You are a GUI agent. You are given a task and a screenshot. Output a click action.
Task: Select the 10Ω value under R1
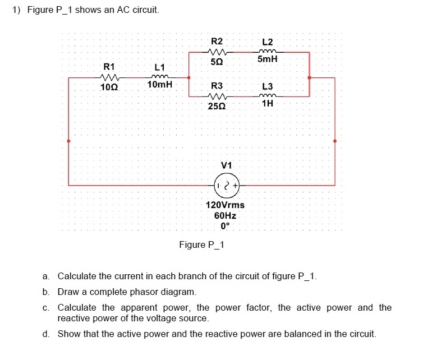(x=109, y=87)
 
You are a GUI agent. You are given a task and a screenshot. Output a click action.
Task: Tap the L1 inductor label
(x=159, y=68)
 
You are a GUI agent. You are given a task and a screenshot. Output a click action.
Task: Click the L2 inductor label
(x=268, y=42)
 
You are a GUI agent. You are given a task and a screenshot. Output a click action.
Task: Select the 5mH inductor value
(x=268, y=59)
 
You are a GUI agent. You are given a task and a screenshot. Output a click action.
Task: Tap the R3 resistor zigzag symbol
(x=216, y=96)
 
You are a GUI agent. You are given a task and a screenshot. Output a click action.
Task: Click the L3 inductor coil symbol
(x=268, y=96)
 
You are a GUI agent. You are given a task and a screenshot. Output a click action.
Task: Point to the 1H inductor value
(x=268, y=104)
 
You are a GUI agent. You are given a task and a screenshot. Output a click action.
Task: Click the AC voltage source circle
(x=227, y=184)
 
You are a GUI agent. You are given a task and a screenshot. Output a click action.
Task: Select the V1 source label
(x=227, y=165)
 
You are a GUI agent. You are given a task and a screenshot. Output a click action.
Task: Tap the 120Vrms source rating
(x=226, y=205)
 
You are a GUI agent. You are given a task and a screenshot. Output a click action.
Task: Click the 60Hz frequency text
(x=226, y=216)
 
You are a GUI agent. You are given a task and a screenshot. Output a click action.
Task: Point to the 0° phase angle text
(x=226, y=227)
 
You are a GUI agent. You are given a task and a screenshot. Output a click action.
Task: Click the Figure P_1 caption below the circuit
(x=201, y=245)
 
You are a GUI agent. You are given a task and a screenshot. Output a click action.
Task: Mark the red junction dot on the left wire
(x=68, y=141)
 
